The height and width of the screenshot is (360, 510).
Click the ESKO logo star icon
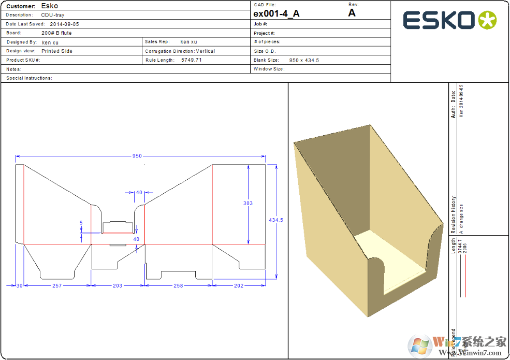pos(487,20)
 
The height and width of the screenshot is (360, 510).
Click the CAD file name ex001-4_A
pos(276,14)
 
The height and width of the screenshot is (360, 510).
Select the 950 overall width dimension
pos(137,156)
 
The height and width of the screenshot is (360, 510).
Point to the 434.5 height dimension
pos(275,220)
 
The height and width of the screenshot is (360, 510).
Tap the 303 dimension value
pos(248,203)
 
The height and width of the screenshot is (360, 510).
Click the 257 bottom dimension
pos(56,285)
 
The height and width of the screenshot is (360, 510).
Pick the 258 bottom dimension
pos(178,285)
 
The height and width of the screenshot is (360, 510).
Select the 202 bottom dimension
pos(239,285)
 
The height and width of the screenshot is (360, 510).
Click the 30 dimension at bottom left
pos(20,285)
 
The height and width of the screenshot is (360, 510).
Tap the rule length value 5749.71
pos(191,60)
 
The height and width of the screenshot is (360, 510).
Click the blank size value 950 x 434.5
pos(304,60)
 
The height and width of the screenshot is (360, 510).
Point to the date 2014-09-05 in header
pos(64,24)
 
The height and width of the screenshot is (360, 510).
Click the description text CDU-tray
pos(53,15)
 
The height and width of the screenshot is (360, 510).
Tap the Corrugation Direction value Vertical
pos(206,51)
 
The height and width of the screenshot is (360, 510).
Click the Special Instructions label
pos(29,78)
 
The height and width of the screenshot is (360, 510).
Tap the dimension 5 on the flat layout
pos(81,223)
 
